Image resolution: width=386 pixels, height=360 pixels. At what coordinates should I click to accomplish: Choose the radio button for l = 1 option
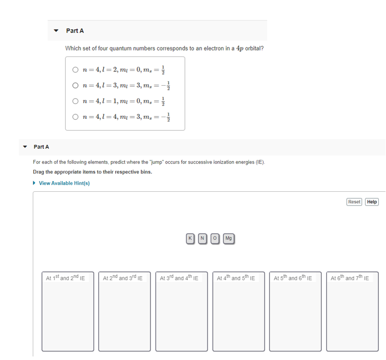point(75,101)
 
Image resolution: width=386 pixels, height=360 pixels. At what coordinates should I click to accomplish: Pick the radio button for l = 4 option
point(75,117)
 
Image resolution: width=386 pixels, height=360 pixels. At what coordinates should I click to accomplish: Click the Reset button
point(354,202)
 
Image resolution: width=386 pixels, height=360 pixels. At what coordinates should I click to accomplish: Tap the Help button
point(372,202)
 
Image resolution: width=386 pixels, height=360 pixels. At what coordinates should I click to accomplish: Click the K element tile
point(190,238)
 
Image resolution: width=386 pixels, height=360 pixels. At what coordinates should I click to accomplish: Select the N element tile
point(202,238)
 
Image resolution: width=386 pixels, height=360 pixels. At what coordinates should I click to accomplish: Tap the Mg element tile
point(228,238)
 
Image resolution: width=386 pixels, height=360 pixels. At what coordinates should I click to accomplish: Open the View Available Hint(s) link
point(64,183)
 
